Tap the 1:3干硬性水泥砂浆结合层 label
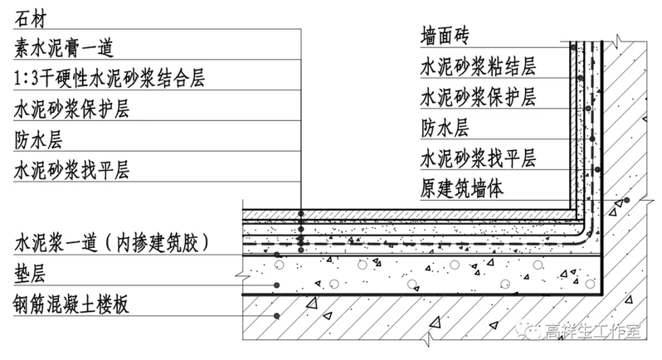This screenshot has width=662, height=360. (110, 80)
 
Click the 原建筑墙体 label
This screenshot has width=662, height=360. (462, 187)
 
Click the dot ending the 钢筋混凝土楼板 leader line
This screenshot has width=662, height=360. (277, 316)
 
